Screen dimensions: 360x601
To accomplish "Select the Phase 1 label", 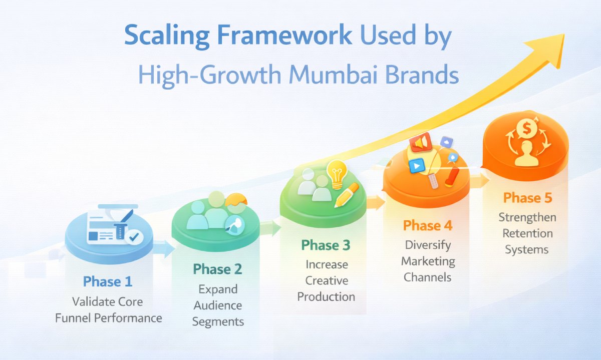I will click(x=108, y=281).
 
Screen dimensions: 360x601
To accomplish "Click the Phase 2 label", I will click(x=217, y=269).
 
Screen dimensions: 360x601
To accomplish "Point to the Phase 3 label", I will click(x=326, y=245).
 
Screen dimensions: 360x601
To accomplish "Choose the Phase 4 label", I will click(x=428, y=225).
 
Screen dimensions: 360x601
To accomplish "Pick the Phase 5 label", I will click(x=527, y=198).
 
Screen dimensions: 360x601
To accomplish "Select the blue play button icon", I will click(x=415, y=166).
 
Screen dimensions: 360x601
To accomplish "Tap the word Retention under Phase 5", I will click(x=527, y=233).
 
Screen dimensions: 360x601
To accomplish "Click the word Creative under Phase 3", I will click(x=327, y=280).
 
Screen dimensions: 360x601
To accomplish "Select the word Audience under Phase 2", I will click(x=217, y=305).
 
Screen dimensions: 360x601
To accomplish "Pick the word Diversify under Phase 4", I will click(x=428, y=245).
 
